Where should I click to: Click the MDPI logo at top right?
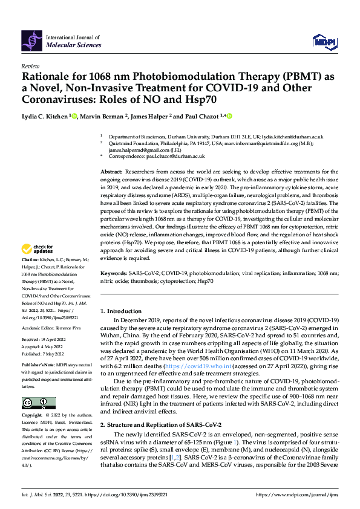tap(324, 41)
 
